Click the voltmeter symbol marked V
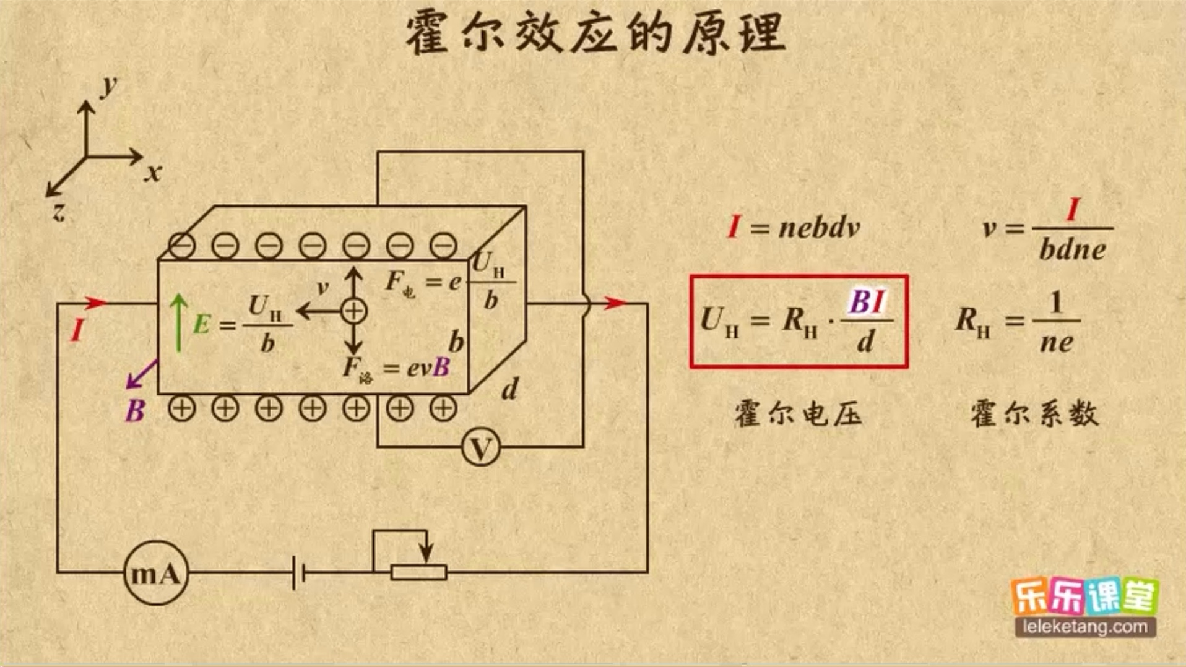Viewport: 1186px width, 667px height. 481,447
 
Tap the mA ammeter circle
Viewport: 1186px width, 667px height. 155,573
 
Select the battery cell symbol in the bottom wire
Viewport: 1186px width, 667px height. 298,573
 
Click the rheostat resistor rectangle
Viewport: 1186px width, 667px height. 419,573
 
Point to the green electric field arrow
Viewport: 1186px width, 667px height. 179,323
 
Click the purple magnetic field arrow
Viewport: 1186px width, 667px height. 141,375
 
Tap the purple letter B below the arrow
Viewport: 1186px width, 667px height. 135,411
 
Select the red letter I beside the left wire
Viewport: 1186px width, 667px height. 77,330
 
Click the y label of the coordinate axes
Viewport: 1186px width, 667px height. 110,85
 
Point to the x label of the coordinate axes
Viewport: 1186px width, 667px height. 153,173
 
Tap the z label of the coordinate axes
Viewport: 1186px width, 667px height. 58,212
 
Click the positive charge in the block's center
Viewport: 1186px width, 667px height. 353,311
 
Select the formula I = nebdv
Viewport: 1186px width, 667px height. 794,228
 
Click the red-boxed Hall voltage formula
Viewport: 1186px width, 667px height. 799,322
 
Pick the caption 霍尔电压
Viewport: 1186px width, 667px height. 798,413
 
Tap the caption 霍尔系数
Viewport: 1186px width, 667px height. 1034,413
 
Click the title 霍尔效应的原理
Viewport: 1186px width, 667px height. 595,33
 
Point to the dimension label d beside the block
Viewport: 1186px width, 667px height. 509,390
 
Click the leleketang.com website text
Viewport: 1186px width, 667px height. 1085,627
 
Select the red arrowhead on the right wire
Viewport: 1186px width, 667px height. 615,303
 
